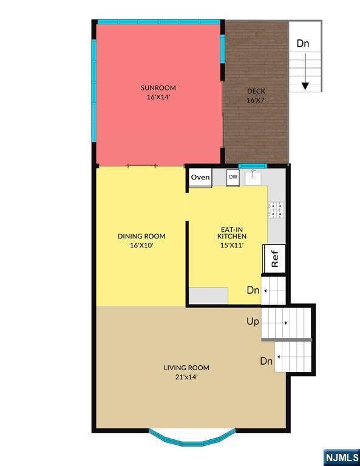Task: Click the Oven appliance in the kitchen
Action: [x=200, y=178]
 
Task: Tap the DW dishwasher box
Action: [x=233, y=177]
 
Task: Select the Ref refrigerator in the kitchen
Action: [x=274, y=259]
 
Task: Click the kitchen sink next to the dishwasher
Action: [x=253, y=177]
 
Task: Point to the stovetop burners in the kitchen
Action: [x=276, y=210]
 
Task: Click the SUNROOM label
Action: [x=158, y=87]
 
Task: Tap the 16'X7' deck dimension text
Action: [x=256, y=100]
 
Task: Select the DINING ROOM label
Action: [x=141, y=236]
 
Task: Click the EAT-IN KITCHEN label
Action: [x=232, y=233]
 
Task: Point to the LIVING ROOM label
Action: [x=186, y=368]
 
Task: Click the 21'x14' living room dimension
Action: [x=186, y=377]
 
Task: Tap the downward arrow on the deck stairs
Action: [x=305, y=72]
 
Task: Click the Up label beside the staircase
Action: [x=253, y=322]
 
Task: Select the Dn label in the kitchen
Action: [x=253, y=290]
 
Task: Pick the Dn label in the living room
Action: [x=267, y=361]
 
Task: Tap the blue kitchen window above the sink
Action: [x=253, y=166]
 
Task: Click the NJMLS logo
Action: [x=342, y=457]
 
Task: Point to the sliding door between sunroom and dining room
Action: [x=141, y=166]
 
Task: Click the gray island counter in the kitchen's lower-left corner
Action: [x=208, y=295]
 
